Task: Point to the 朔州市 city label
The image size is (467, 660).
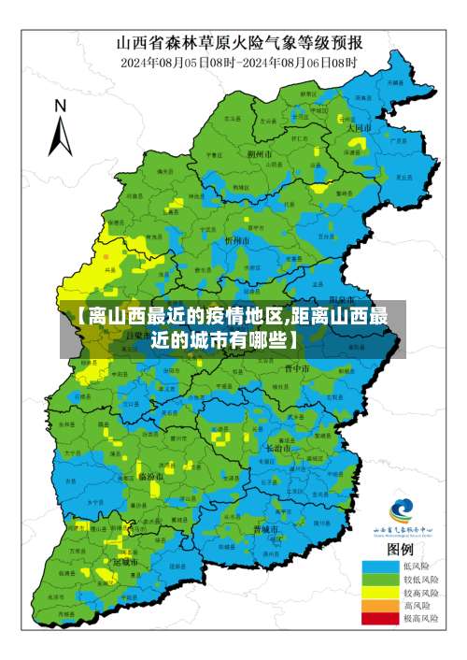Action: pyautogui.click(x=259, y=153)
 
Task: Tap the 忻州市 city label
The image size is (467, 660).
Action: pyautogui.click(x=238, y=240)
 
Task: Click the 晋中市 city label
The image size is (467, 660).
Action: pyautogui.click(x=297, y=368)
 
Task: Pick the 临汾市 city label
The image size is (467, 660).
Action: pyautogui.click(x=150, y=476)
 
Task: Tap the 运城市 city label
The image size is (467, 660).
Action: pyautogui.click(x=124, y=563)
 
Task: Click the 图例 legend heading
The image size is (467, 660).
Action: pyautogui.click(x=400, y=549)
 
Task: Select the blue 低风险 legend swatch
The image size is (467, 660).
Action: pyautogui.click(x=378, y=567)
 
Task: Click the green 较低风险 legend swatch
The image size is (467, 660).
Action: pyautogui.click(x=378, y=580)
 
